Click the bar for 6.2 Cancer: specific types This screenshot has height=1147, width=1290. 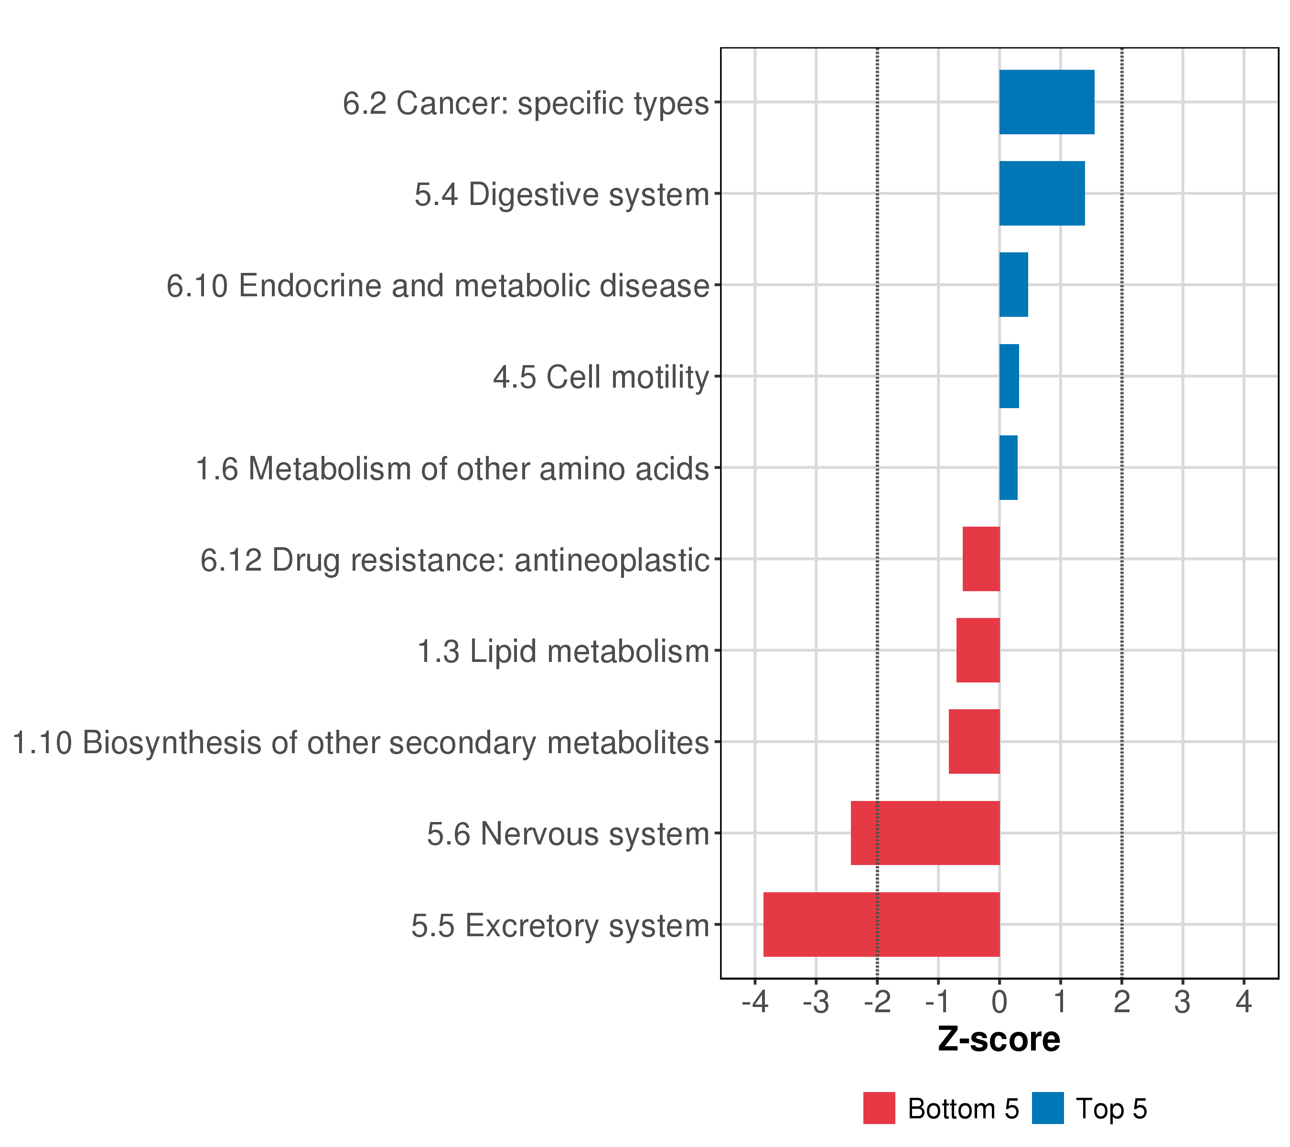1046,102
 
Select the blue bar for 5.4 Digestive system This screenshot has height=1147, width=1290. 1042,193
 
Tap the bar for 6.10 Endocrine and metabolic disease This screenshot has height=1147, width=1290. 1013,285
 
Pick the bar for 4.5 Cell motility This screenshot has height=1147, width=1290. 1009,376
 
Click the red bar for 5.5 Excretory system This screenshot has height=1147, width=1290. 881,924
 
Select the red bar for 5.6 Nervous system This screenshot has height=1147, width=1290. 925,833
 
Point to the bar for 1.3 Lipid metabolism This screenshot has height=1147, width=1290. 978,650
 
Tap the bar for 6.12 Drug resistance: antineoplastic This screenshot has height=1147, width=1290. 981,559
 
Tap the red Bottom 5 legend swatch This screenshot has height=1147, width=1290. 879,1108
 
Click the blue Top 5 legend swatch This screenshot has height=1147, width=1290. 1048,1108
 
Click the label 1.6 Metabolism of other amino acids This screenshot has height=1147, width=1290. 452,469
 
